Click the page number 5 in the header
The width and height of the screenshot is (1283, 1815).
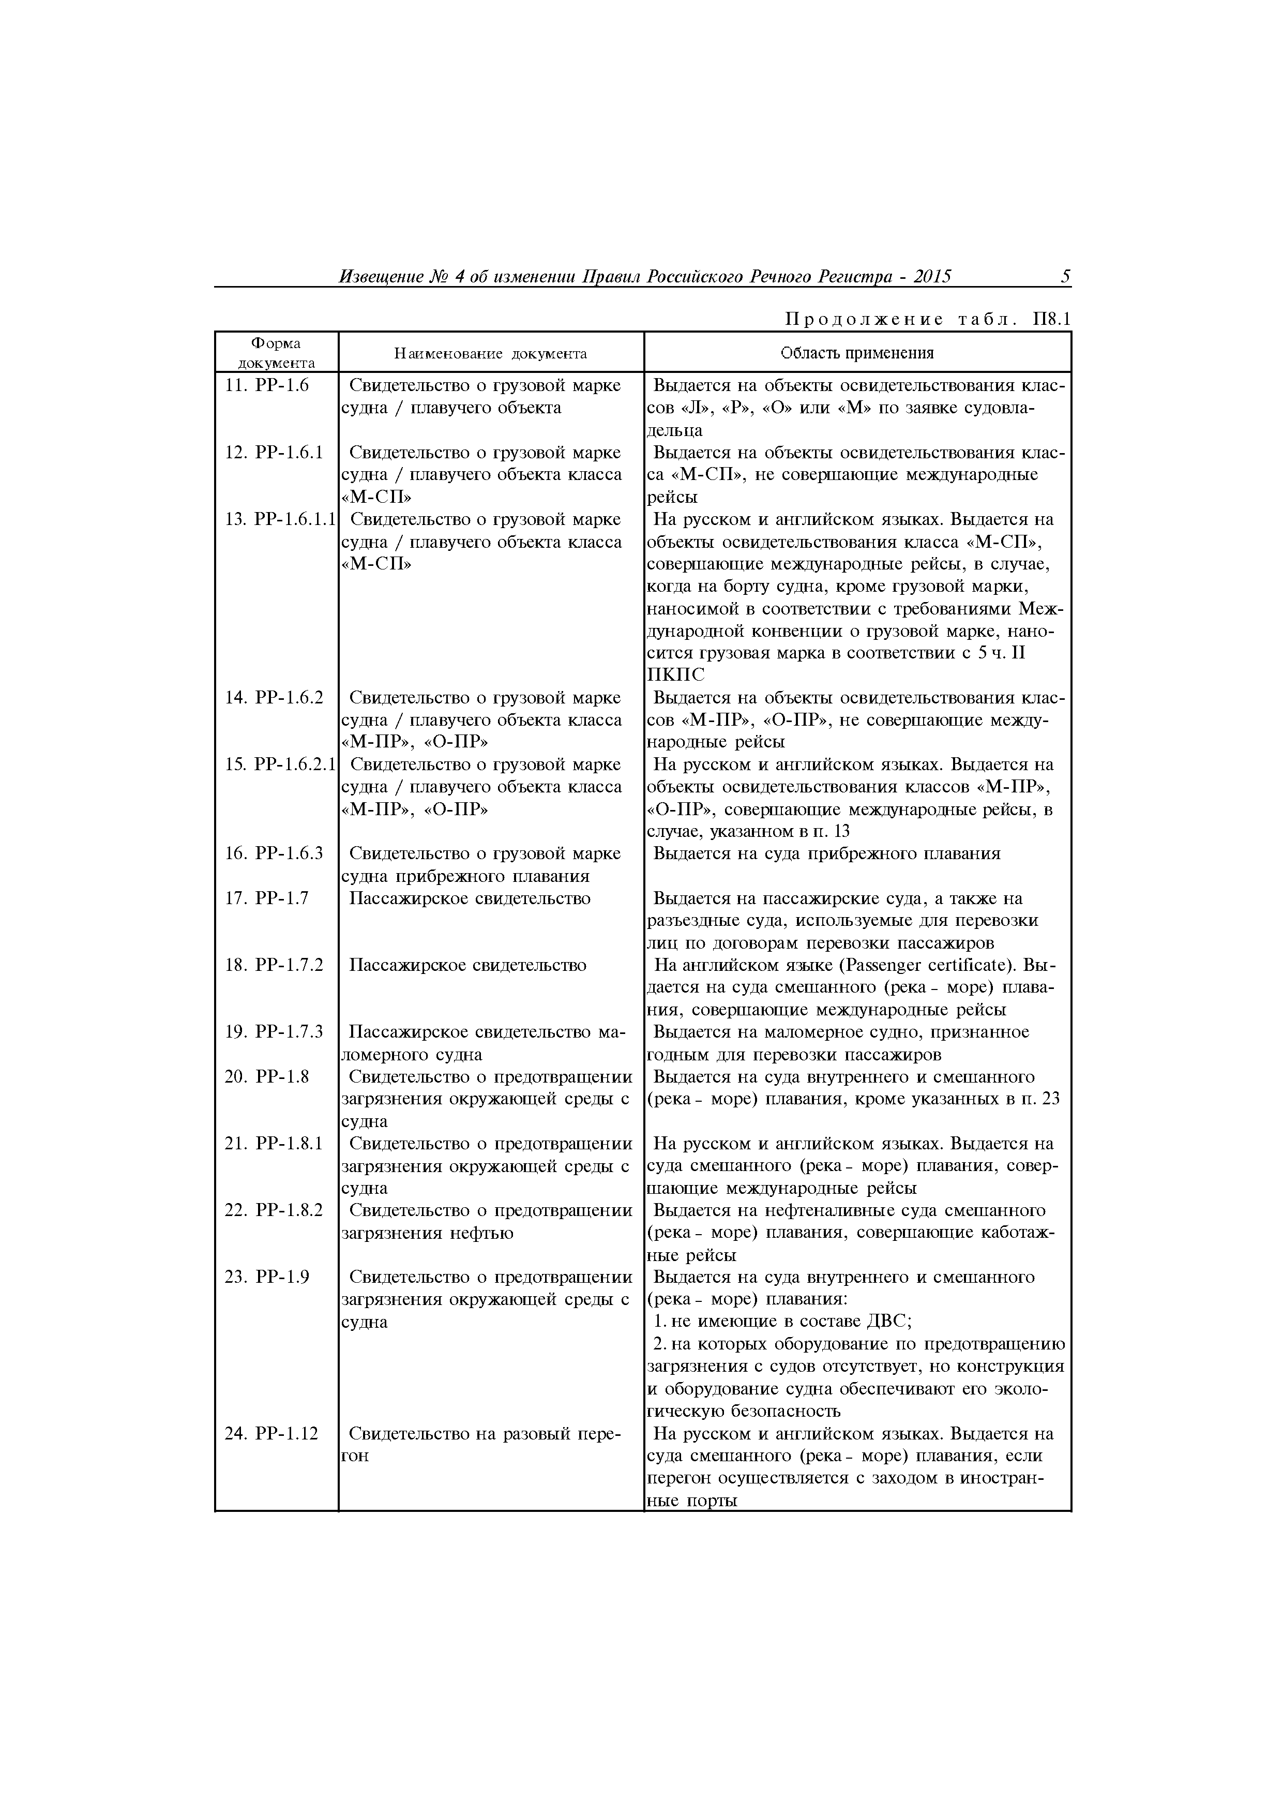coord(1065,277)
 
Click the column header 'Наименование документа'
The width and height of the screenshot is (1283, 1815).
coord(490,353)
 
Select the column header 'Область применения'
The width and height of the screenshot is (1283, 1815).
coord(857,353)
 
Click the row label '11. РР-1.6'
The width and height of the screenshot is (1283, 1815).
coord(266,386)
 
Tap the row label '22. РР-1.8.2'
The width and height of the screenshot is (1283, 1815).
coord(274,1210)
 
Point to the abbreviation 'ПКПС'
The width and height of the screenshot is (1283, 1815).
coord(675,675)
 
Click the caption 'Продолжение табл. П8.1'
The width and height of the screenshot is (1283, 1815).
coord(927,319)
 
